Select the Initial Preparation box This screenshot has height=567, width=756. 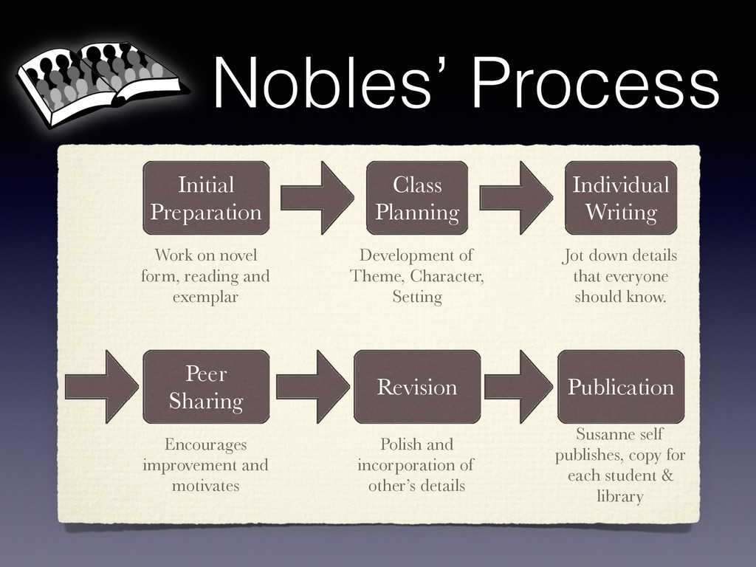(x=206, y=198)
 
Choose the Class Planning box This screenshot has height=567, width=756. (x=417, y=198)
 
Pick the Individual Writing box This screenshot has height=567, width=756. (x=620, y=198)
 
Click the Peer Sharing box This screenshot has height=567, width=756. (x=206, y=387)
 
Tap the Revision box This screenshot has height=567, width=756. (x=417, y=387)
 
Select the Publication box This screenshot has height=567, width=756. (x=620, y=387)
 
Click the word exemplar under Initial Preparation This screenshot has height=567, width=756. (x=205, y=298)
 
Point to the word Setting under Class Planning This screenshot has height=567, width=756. (x=417, y=298)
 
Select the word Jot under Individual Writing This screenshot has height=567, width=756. (x=573, y=256)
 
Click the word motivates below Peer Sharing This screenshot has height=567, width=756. (x=205, y=487)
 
